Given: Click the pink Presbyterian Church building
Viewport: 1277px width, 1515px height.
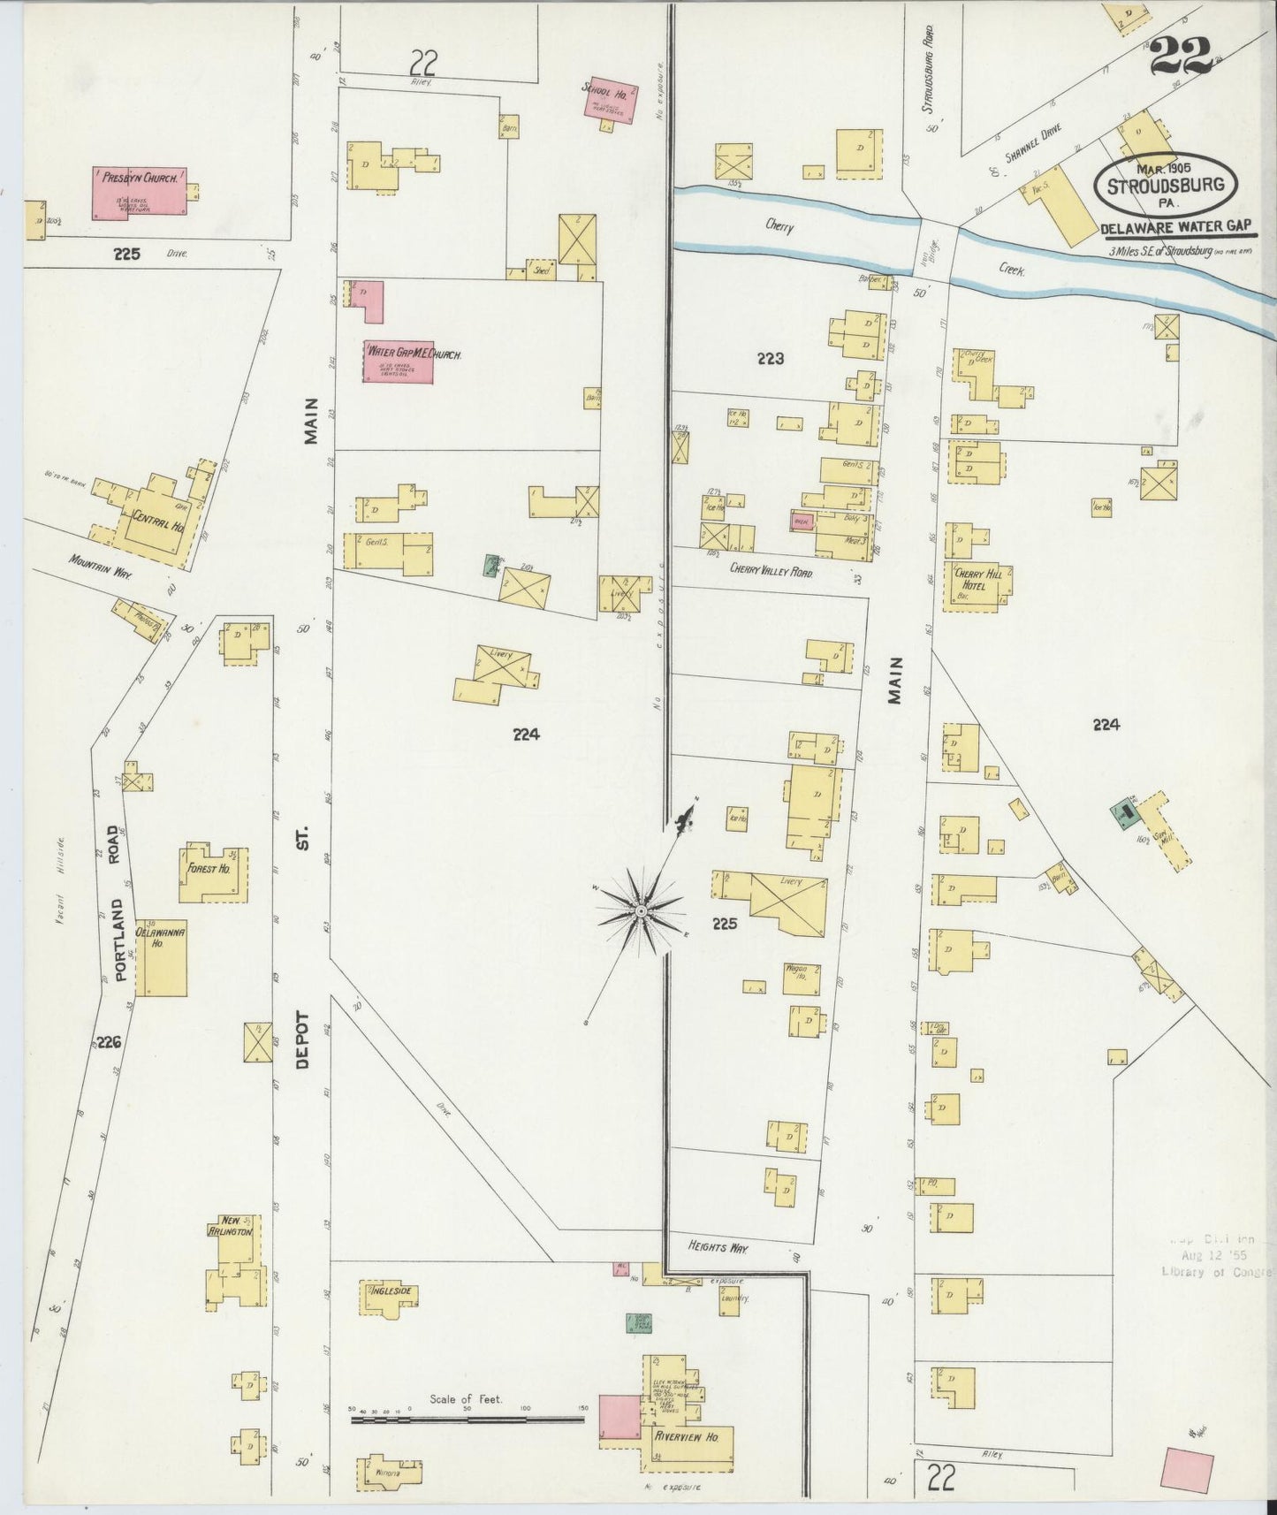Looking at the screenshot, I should (139, 193).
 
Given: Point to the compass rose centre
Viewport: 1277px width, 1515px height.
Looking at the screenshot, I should (641, 910).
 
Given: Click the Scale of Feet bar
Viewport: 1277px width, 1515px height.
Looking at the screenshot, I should (467, 1420).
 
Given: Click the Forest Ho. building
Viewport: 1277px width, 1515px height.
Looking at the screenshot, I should (212, 873).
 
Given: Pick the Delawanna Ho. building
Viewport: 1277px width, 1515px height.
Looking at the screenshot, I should (161, 957).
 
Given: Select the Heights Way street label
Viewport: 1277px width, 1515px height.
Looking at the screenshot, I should (718, 1247).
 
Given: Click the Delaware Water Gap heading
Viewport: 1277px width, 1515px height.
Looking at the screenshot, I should (1178, 227).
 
